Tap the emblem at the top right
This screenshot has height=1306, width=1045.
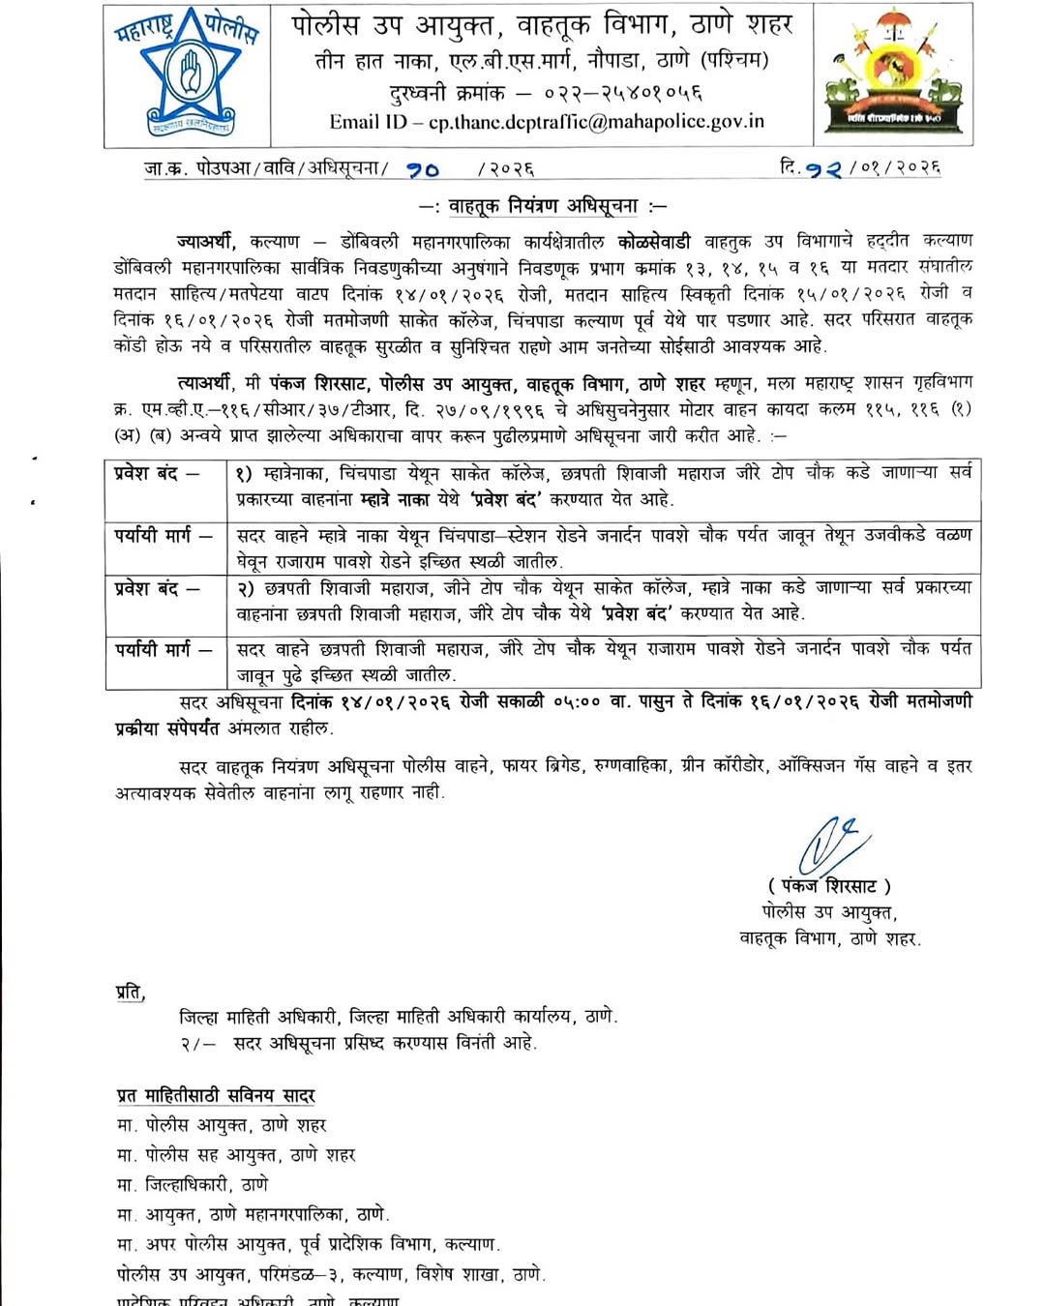point(892,74)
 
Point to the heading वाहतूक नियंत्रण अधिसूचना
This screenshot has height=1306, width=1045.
point(543,205)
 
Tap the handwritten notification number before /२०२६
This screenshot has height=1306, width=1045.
point(423,169)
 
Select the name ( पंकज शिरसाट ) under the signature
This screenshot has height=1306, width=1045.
point(829,885)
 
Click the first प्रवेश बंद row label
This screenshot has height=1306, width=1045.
point(157,474)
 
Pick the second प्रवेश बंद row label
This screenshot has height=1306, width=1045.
point(157,587)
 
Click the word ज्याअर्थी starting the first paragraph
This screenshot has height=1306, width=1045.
point(206,241)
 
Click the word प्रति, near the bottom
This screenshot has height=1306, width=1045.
point(130,992)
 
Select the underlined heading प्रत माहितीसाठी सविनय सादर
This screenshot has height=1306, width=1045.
point(216,1095)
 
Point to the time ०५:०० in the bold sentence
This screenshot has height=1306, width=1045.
point(577,701)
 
